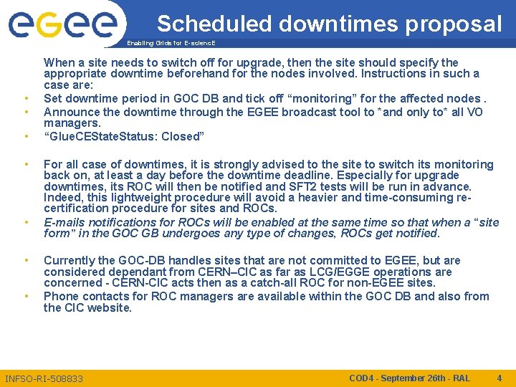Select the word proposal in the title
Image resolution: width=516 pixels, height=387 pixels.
(x=454, y=24)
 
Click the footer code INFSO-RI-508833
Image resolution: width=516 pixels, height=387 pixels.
(x=44, y=378)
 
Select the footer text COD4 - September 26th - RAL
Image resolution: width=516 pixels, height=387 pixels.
(x=409, y=378)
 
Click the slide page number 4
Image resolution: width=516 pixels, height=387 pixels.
(x=499, y=378)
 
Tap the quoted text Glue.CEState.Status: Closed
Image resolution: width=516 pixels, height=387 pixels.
(x=124, y=136)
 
